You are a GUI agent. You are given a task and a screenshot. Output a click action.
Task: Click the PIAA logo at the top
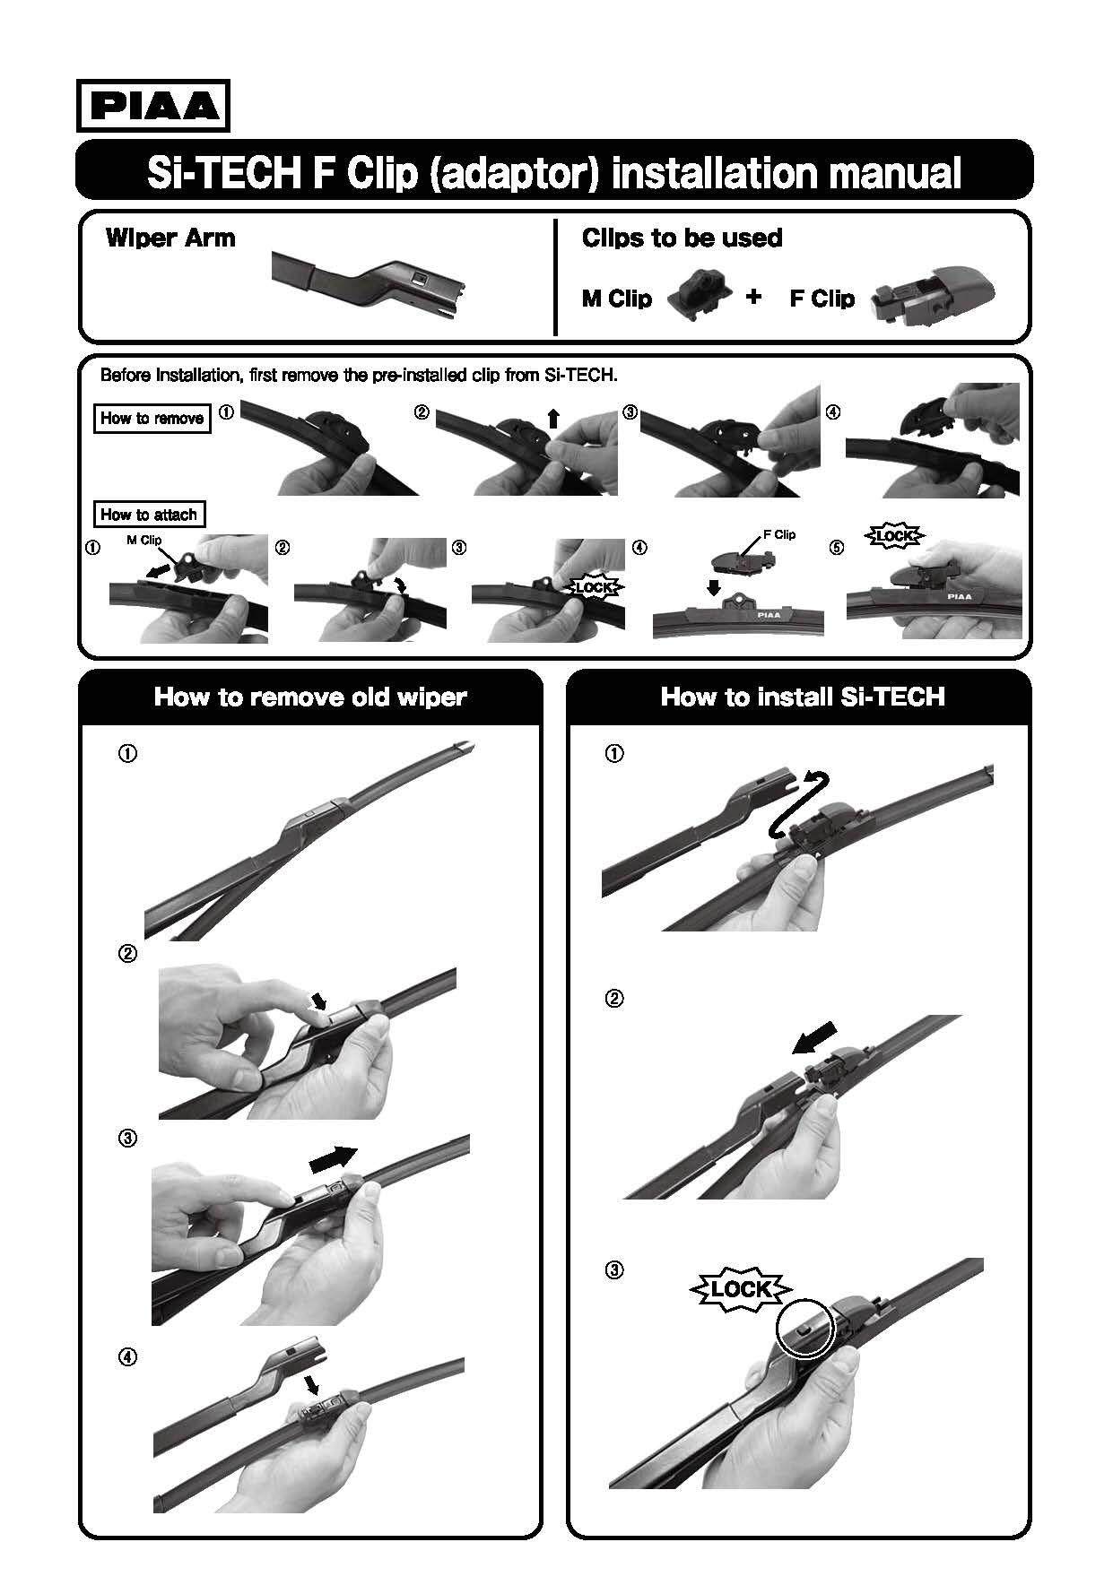pyautogui.click(x=152, y=106)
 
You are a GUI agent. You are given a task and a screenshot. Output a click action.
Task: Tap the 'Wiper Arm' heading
pyautogui.click(x=170, y=238)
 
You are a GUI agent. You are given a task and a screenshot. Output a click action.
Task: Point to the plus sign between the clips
pyautogui.click(x=754, y=296)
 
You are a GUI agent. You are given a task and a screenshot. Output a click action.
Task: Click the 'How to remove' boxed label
pyautogui.click(x=152, y=418)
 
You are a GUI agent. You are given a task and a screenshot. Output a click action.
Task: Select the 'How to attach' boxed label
pyautogui.click(x=149, y=515)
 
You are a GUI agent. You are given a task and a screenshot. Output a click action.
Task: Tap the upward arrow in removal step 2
pyautogui.click(x=553, y=419)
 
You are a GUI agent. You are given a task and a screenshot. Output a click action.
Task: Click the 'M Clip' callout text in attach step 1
pyautogui.click(x=143, y=541)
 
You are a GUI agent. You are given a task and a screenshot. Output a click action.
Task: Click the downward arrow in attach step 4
pyautogui.click(x=713, y=587)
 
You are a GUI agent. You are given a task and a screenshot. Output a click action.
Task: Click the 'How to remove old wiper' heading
pyautogui.click(x=310, y=697)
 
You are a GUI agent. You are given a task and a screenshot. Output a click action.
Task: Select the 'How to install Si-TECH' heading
pyautogui.click(x=803, y=697)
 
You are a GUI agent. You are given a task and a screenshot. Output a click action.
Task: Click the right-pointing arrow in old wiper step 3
pyautogui.click(x=333, y=1159)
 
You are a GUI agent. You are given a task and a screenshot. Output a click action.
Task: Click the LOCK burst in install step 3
pyautogui.click(x=741, y=1290)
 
